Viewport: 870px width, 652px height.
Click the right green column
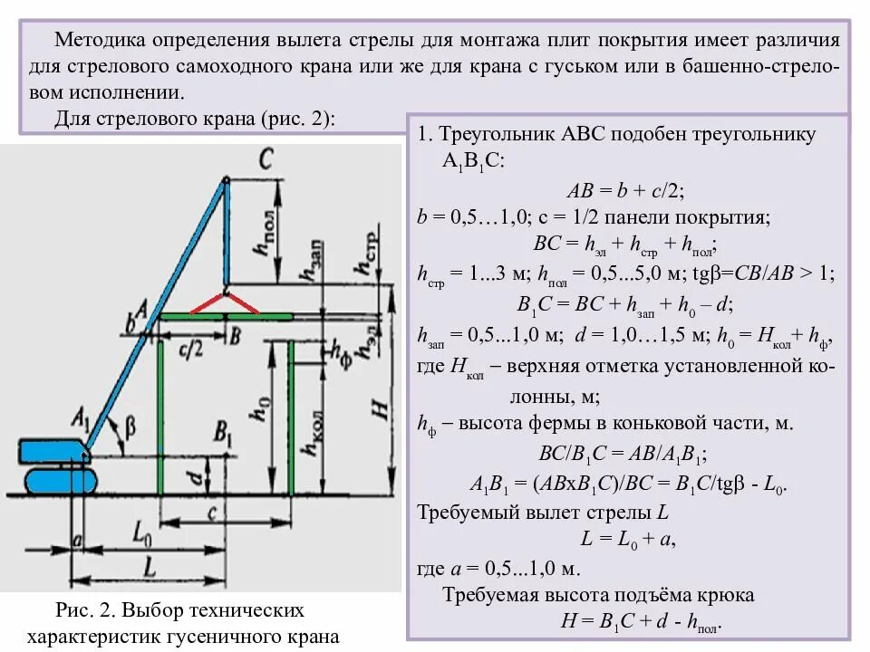pyautogui.click(x=291, y=417)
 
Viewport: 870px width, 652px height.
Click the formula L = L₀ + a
pyautogui.click(x=627, y=540)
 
